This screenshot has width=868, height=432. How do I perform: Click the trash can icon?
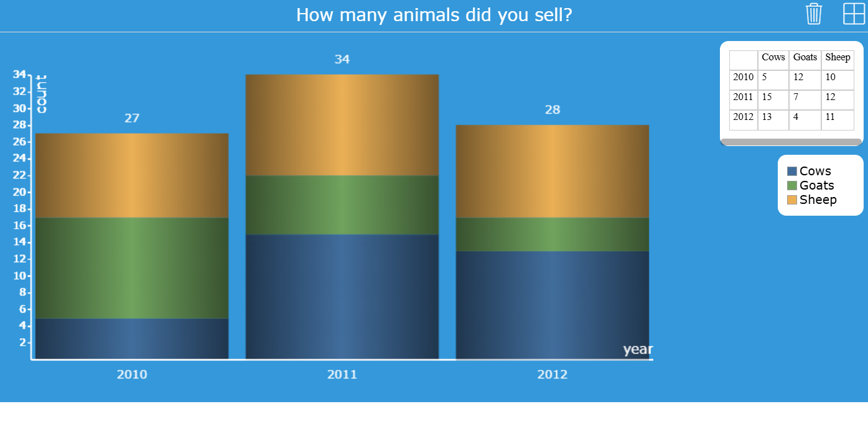click(x=814, y=14)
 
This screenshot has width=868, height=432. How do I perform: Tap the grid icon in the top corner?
click(x=854, y=14)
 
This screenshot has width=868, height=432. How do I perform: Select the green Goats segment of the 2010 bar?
click(x=132, y=268)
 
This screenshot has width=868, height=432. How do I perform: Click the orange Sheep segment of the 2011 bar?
click(x=342, y=125)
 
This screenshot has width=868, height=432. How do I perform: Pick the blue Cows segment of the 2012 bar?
click(x=553, y=305)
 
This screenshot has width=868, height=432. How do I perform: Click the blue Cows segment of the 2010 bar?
click(x=132, y=339)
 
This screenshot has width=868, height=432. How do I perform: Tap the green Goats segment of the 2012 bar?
click(x=553, y=234)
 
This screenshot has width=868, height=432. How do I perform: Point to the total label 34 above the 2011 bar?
click(x=342, y=59)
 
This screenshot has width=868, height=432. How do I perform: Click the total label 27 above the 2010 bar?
click(x=132, y=118)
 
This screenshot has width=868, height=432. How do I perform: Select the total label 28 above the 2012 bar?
click(x=553, y=110)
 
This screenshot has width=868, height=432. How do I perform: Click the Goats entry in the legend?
click(x=816, y=185)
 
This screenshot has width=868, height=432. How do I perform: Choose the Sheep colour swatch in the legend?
click(x=792, y=200)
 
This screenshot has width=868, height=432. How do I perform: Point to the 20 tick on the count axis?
click(x=20, y=192)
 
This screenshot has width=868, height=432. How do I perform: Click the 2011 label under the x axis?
click(x=342, y=374)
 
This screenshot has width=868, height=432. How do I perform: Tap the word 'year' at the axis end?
click(x=638, y=349)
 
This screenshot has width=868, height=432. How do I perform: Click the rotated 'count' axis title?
click(x=41, y=94)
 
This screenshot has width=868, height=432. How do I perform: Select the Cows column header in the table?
click(x=773, y=57)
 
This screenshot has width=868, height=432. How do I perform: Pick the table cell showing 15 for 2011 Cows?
click(x=767, y=97)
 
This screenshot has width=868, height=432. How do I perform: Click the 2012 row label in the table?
click(x=743, y=117)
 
